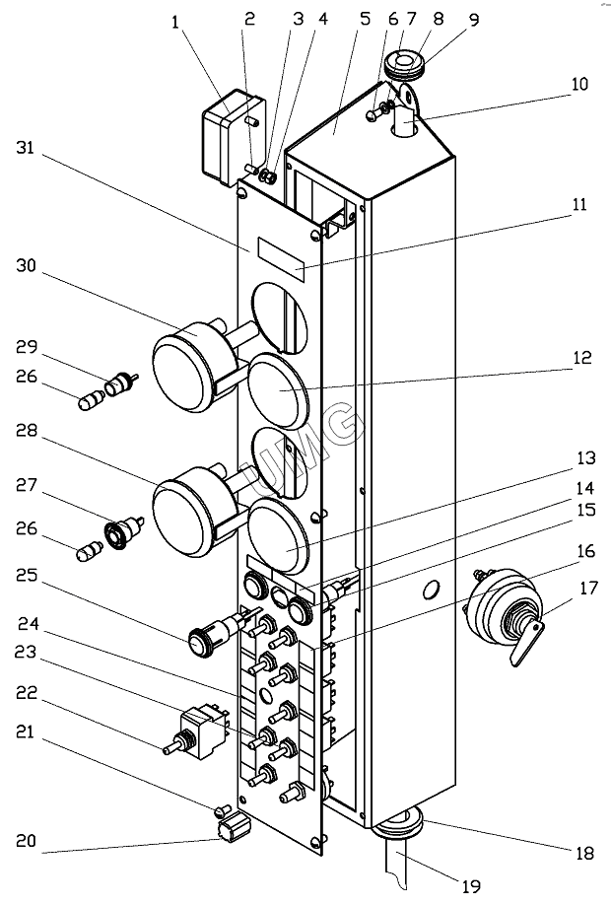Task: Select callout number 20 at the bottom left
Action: [27, 841]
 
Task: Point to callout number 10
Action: [580, 85]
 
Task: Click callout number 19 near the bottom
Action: [472, 886]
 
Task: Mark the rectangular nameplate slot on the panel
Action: [283, 255]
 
